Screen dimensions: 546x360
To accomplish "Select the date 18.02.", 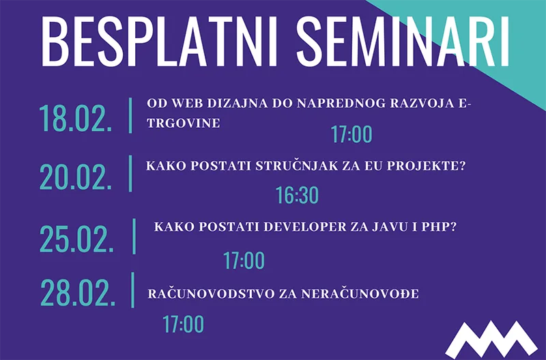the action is coord(76,118).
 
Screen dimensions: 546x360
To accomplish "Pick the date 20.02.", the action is coord(76,177).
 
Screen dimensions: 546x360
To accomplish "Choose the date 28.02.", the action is coord(78,293).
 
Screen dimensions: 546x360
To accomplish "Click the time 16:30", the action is coord(297,195).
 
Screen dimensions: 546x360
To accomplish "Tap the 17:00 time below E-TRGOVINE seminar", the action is coord(351,134).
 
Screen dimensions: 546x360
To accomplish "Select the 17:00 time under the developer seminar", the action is coord(244,260).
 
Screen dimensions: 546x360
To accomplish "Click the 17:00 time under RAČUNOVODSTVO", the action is coord(183,324).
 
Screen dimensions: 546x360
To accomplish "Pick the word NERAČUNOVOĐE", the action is coord(360,294).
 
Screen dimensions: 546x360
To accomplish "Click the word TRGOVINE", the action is coord(184,123).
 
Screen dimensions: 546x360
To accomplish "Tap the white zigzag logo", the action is coord(491,340).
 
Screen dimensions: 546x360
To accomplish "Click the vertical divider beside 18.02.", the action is coord(130,115).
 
